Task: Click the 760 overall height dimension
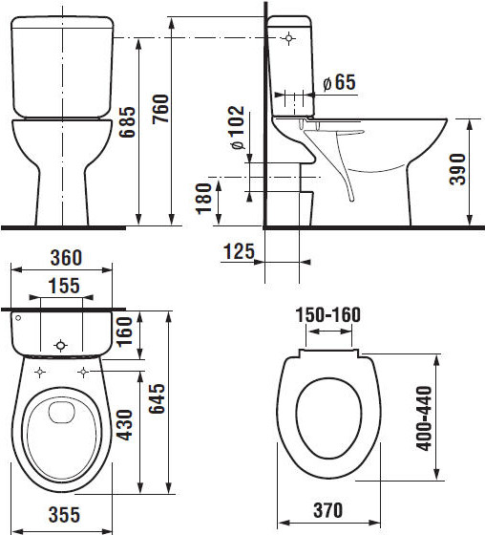point(160,109)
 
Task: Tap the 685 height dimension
point(127,122)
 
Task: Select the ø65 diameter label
point(339,82)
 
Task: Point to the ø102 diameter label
point(238,128)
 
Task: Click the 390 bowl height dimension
point(457,169)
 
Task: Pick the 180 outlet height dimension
point(203,199)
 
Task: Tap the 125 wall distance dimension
point(239,251)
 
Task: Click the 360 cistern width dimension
point(66,258)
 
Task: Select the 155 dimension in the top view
point(64,286)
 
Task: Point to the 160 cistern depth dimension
point(124,332)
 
